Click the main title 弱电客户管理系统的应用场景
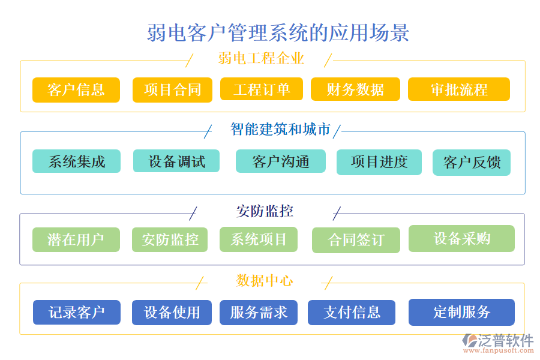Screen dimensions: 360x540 click(278, 32)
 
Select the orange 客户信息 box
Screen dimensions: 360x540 click(76, 90)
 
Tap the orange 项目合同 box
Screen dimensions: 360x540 click(173, 90)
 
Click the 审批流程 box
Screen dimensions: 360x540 click(459, 89)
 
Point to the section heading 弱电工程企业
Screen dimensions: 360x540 click(261, 58)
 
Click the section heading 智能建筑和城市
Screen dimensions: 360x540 click(280, 129)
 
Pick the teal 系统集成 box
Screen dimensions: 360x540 click(76, 161)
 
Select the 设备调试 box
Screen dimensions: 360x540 click(176, 161)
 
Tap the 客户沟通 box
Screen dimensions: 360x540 click(281, 161)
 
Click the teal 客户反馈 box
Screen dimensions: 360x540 click(472, 163)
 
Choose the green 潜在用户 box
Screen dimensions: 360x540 click(76, 240)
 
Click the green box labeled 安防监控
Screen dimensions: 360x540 click(170, 240)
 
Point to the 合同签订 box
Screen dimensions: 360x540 click(356, 241)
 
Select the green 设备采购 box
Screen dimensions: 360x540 click(461, 238)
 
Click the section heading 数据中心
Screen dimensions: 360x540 click(265, 280)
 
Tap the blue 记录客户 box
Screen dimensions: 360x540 click(77, 313)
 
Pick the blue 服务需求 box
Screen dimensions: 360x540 click(259, 313)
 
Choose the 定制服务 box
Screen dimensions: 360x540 click(461, 312)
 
